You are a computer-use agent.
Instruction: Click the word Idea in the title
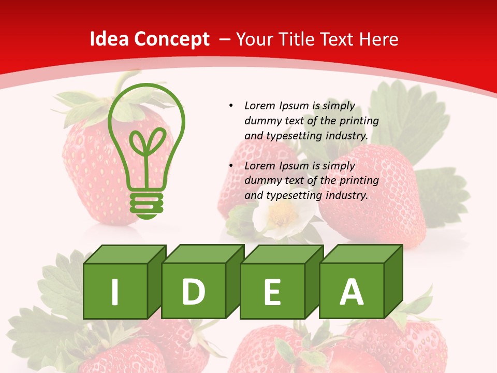pyautogui.click(x=109, y=39)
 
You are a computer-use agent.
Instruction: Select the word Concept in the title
pyautogui.click(x=171, y=39)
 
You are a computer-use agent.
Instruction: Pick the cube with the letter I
pyautogui.click(x=115, y=291)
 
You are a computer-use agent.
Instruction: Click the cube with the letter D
pyautogui.click(x=194, y=291)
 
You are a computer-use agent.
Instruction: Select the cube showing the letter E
pyautogui.click(x=272, y=291)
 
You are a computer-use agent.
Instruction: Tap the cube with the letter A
pyautogui.click(x=352, y=291)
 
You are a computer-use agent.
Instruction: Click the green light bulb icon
pyautogui.click(x=147, y=150)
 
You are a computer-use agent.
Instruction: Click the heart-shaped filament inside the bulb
pyautogui.click(x=147, y=146)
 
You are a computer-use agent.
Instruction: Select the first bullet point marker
pyautogui.click(x=231, y=106)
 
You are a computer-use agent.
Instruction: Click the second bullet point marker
pyautogui.click(x=231, y=166)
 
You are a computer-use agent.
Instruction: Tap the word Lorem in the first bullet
pyautogui.click(x=260, y=106)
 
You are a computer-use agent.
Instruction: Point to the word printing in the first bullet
pyautogui.click(x=359, y=121)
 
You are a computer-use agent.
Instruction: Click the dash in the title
pyautogui.click(x=225, y=39)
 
